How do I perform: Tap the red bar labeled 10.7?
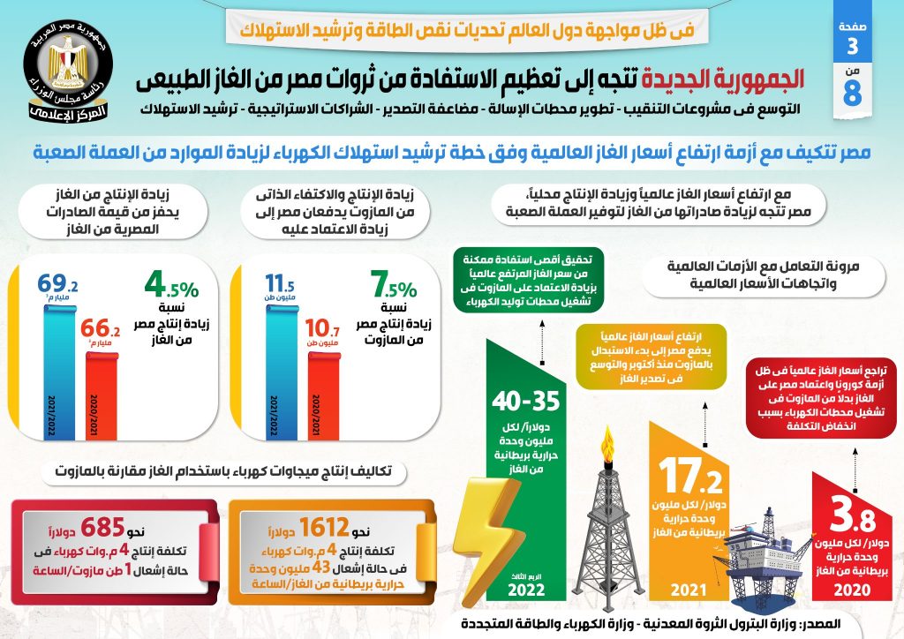321,384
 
